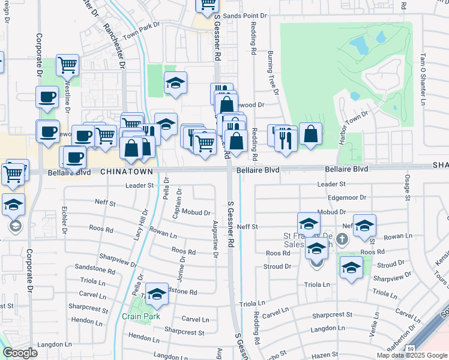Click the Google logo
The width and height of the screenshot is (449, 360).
tap(20, 353)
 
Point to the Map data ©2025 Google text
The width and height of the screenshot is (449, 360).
tap(411, 355)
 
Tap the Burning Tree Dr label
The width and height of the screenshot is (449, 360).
tap(273, 73)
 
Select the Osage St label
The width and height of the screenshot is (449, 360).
tap(407, 187)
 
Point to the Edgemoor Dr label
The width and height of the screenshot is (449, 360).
tap(347, 197)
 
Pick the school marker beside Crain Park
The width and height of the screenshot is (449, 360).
tap(157, 293)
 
